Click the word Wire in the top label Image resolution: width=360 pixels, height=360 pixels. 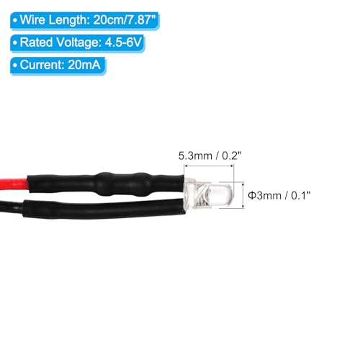tap(32, 19)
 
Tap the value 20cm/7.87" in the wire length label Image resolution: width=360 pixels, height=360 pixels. tap(125, 19)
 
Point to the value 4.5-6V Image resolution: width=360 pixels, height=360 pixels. tap(123, 42)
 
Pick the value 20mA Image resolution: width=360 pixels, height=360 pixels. tap(84, 65)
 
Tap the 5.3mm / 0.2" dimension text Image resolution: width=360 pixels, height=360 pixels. tap(210, 156)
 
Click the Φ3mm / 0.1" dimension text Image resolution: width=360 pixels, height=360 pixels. tap(279, 196)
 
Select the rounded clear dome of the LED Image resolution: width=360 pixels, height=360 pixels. tap(222, 195)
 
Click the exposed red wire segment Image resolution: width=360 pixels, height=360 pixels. tap(14, 184)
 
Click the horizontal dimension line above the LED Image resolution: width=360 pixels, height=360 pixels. tap(209, 166)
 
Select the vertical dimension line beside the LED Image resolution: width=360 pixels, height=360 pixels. tap(243, 195)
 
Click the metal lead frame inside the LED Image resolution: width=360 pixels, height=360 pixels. tap(201, 196)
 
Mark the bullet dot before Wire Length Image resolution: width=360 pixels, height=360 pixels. tap(15, 20)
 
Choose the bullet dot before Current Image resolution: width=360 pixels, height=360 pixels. tap(15, 66)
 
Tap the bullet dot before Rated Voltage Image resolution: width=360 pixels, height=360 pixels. tap(15, 43)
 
